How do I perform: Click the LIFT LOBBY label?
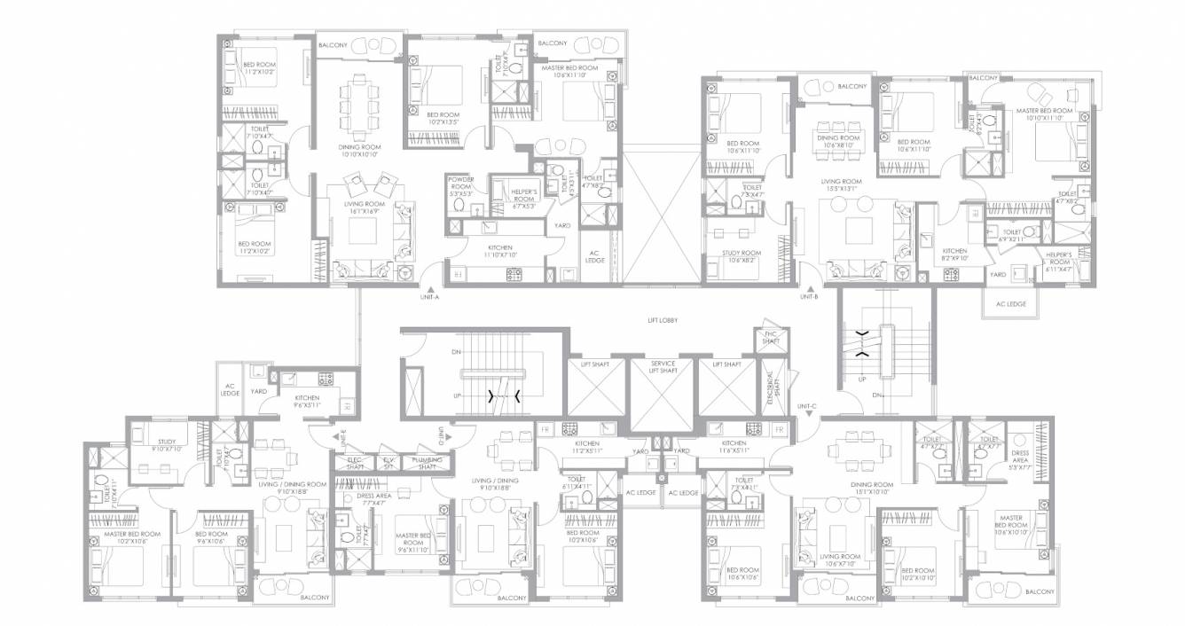[663, 320]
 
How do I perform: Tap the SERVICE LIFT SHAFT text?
[663, 367]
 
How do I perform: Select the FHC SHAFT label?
[770, 338]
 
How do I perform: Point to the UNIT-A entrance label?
[430, 298]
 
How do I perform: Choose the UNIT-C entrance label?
[806, 406]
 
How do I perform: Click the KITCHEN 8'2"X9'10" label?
[954, 254]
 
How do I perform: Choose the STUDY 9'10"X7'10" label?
[167, 444]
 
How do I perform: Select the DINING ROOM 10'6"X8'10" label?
[838, 141]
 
